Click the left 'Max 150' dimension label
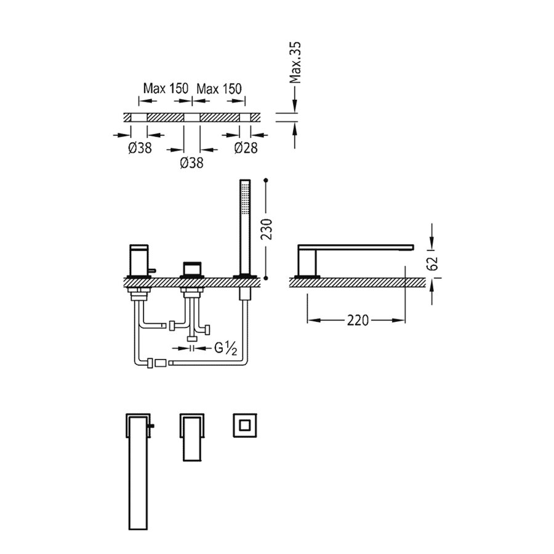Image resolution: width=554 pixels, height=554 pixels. [x=166, y=89]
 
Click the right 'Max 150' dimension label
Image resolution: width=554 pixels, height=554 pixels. [x=219, y=89]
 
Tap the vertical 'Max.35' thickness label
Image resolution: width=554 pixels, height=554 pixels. [x=296, y=63]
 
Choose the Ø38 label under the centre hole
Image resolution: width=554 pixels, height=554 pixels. [x=191, y=163]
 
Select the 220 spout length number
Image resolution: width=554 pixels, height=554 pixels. [x=356, y=320]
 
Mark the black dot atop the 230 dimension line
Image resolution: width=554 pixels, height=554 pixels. [x=266, y=180]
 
